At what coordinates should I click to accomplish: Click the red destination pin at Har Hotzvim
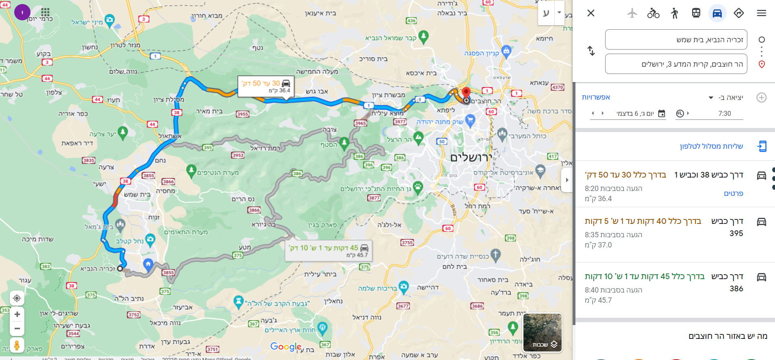coord(466,92)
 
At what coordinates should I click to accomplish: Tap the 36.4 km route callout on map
coord(266,86)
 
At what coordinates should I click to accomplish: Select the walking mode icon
coord(675,13)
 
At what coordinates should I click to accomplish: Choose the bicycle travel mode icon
coord(653,13)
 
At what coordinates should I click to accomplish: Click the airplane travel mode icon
coord(632,13)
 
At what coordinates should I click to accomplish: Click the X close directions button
coord(591,13)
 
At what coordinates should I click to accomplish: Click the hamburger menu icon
coord(761,13)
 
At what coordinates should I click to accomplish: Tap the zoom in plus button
coord(17,314)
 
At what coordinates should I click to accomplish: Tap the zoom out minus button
coord(17,328)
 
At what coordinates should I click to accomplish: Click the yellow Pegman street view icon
coord(17,345)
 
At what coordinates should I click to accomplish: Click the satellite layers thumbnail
coord(542,332)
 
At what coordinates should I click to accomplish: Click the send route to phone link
coord(711,146)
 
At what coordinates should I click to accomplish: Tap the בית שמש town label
coord(137,195)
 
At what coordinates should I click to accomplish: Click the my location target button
coord(17,298)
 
